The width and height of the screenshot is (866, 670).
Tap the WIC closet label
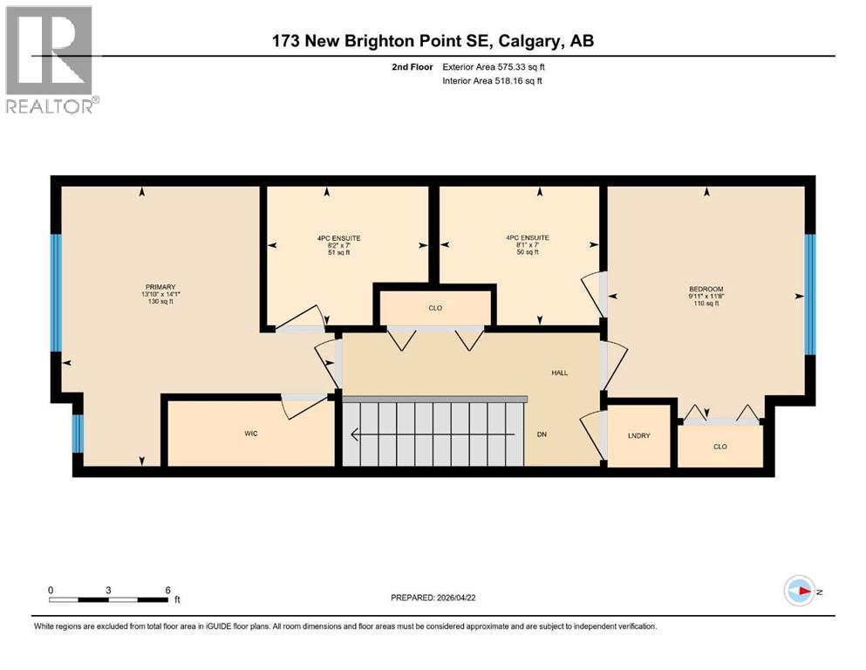coord(251,434)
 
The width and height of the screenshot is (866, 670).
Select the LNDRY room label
coord(638,435)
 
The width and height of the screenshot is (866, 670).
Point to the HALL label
coord(559,373)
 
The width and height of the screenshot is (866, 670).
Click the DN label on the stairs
coord(542,434)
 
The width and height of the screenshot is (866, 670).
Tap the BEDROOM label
coord(706,289)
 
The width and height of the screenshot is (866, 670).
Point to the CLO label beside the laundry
coord(719,447)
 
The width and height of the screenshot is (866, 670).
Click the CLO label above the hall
coord(435,307)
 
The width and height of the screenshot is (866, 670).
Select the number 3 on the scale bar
coord(108,590)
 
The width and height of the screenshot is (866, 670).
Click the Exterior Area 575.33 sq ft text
coord(495,66)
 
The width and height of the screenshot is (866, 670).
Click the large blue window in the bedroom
coord(808,295)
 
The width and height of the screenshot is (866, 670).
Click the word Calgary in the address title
coord(533,41)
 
